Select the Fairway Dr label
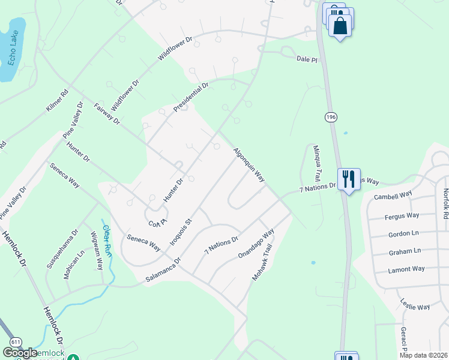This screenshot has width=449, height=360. click(107, 114)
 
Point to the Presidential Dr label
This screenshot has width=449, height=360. click(190, 97)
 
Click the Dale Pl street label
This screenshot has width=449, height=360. click(306, 59)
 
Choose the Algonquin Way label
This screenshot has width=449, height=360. click(249, 164)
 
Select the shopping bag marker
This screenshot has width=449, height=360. click(340, 26)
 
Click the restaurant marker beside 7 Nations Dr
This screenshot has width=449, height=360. click(348, 178)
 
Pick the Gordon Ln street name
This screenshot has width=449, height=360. click(404, 233)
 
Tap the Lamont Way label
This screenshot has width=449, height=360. click(406, 269)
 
